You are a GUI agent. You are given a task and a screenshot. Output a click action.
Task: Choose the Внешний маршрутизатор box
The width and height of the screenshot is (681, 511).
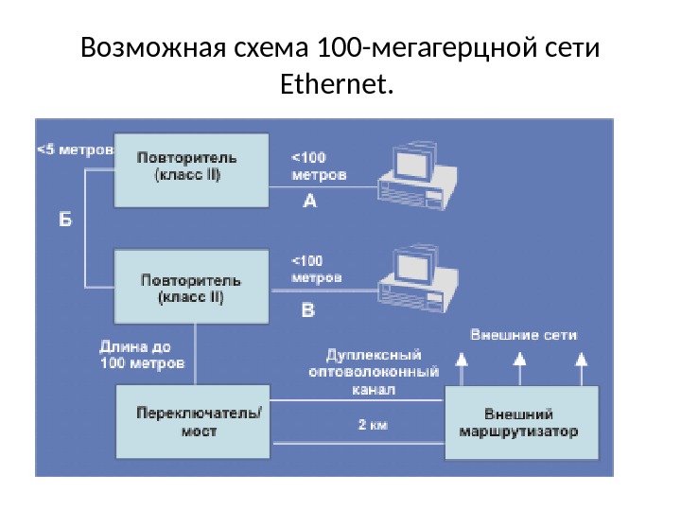(521, 422)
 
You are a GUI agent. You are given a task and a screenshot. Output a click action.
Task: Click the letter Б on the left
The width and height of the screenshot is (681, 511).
(65, 220)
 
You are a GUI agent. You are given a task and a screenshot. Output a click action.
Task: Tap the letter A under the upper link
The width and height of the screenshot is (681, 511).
(310, 201)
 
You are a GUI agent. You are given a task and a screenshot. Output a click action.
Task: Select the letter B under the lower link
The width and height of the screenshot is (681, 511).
(308, 308)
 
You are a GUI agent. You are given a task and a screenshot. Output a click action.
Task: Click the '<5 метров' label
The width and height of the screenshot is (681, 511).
(75, 150)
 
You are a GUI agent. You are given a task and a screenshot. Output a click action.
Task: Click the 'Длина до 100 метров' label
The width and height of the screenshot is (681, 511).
(142, 355)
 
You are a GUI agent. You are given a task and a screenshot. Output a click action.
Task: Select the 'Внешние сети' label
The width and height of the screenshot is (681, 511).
(523, 335)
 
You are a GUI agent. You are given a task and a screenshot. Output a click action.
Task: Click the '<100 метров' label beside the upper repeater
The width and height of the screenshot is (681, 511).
(317, 167)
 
